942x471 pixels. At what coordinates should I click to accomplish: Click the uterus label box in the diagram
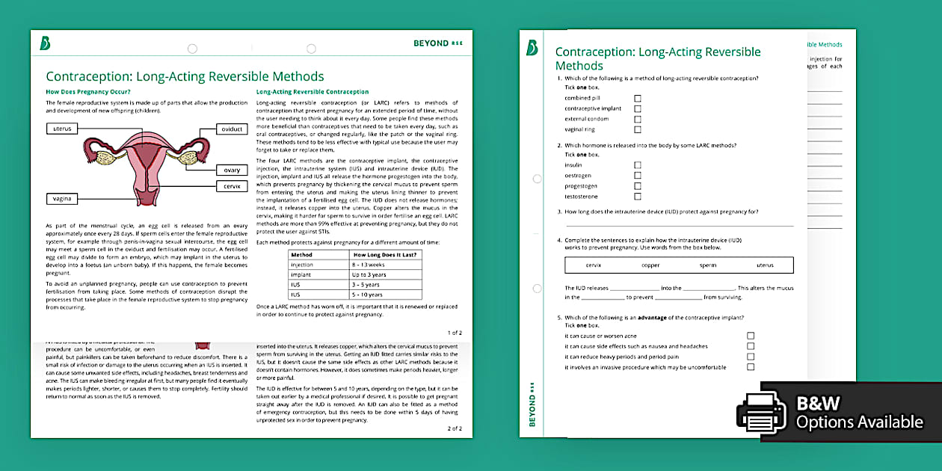[x=63, y=129]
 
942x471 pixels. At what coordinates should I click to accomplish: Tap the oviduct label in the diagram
[x=232, y=129]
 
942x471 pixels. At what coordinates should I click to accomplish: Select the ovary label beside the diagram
[x=232, y=170]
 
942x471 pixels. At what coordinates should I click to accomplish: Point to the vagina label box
[x=63, y=199]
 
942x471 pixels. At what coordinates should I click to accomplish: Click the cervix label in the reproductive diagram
[x=232, y=185]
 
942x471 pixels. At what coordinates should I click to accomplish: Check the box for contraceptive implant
[x=638, y=108]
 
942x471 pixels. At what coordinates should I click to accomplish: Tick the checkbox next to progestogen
[x=638, y=186]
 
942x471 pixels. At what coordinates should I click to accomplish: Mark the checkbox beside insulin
[x=638, y=165]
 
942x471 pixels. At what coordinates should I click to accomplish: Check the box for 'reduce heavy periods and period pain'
[x=751, y=357]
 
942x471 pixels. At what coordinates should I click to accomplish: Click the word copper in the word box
[x=650, y=265]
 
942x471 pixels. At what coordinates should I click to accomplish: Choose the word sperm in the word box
[x=707, y=265]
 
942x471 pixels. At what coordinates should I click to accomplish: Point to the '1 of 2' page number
[x=455, y=332]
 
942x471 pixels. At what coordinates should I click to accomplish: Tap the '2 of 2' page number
[x=455, y=428]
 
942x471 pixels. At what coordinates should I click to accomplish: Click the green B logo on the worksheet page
[x=532, y=48]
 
